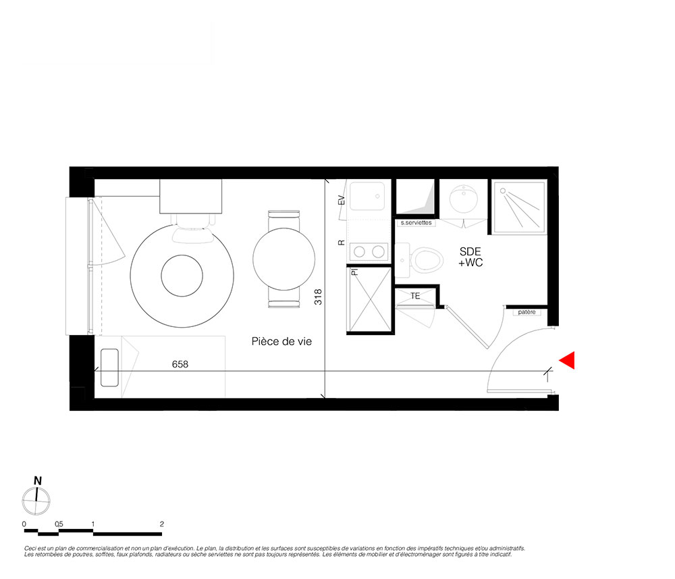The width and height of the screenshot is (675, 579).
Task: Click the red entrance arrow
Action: pos(568,360)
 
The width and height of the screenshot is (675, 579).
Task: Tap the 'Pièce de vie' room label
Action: pos(281,342)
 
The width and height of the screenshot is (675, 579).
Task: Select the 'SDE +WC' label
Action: pos(470,257)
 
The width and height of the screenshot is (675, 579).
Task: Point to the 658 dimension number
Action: pos(180,364)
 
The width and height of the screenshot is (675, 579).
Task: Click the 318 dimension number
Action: pos(318,297)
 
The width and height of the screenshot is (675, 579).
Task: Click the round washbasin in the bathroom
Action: pos(463,199)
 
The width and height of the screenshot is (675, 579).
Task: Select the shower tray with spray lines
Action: pos(520,207)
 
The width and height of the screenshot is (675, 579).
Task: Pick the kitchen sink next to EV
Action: pos(367,196)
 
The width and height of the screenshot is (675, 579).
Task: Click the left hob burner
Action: pos(360,251)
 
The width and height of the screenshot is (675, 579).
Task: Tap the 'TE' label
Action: pos(415,296)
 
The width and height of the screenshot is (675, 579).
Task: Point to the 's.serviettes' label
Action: pos(416,223)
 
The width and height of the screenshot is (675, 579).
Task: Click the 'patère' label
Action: pos(527,312)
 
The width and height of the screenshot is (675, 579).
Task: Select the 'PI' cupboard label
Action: pos(355,272)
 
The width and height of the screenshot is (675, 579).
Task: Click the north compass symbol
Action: pos(36,501)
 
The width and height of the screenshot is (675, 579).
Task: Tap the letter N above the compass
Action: pos(38,481)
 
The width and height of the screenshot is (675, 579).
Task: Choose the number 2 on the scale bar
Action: pos(162,524)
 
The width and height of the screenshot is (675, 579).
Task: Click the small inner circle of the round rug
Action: pos(182,276)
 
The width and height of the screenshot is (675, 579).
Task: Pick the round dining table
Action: pos(283,259)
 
